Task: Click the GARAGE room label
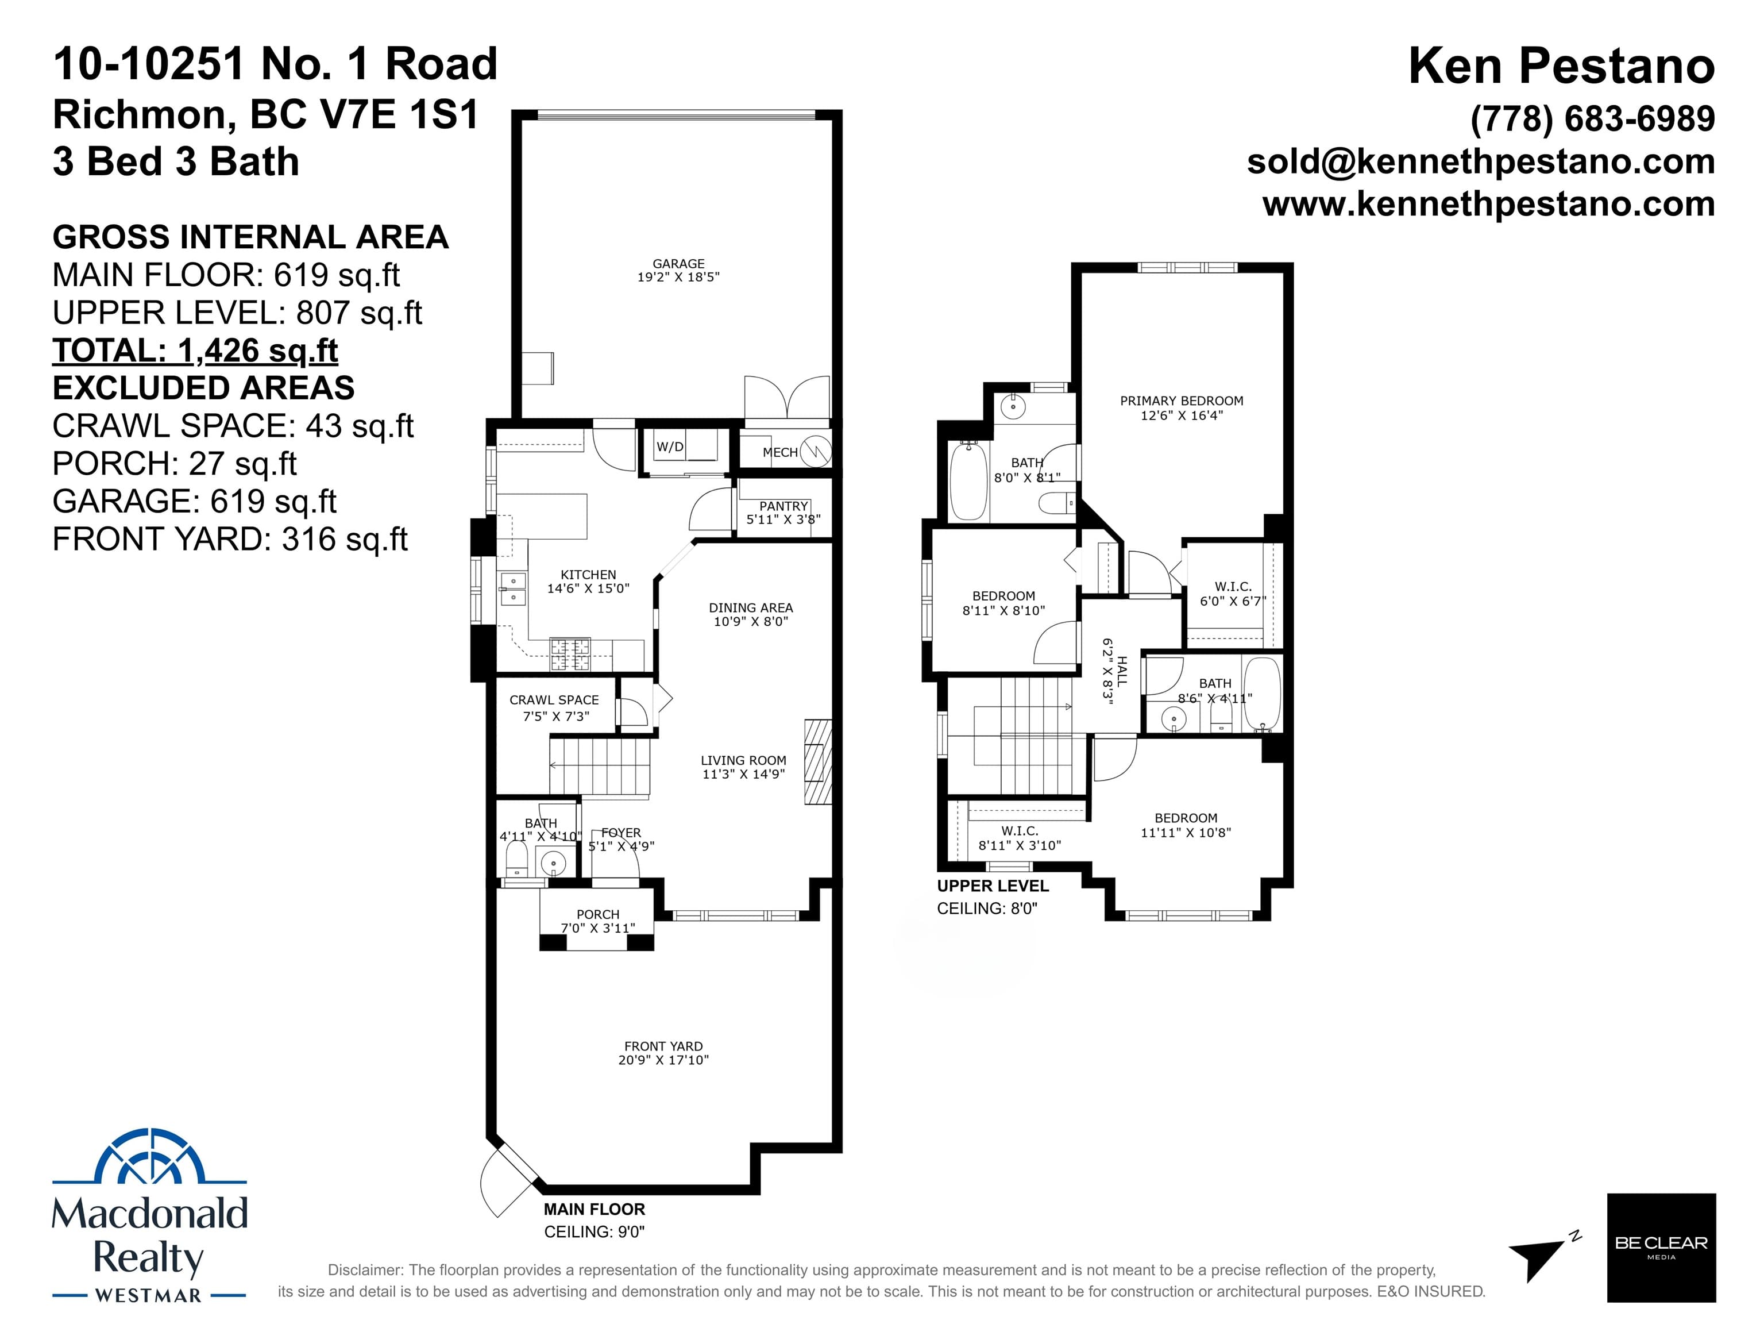point(678,263)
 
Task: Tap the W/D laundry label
point(670,447)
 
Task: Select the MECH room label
point(780,452)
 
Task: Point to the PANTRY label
point(784,506)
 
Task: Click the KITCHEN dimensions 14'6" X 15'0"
point(589,588)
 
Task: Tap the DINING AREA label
point(751,608)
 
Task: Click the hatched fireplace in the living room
point(817,761)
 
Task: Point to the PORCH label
point(598,915)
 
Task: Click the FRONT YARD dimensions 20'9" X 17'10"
point(663,1060)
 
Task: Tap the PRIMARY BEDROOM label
point(1182,401)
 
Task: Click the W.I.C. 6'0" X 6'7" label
point(1233,594)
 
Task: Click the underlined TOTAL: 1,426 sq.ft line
point(195,351)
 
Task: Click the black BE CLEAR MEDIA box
point(1661,1248)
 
